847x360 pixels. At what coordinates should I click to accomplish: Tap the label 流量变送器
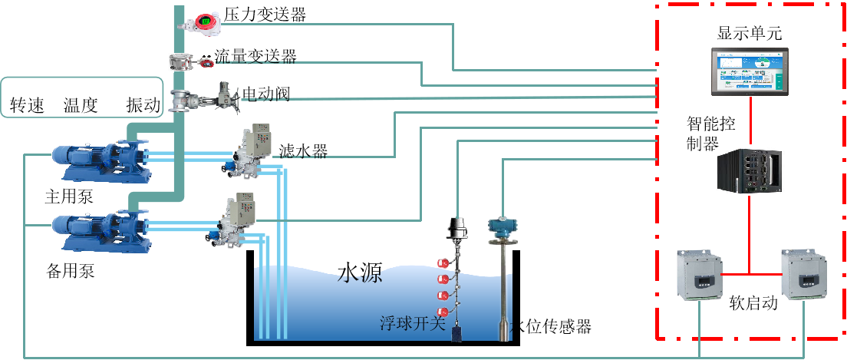[255, 56]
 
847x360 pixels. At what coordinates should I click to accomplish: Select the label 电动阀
[265, 94]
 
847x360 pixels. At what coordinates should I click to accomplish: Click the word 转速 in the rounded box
[27, 105]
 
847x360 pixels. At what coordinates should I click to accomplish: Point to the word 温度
[81, 105]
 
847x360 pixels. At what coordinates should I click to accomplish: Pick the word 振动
[143, 105]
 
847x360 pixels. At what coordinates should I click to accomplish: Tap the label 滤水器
[303, 150]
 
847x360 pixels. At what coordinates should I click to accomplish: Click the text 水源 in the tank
[360, 273]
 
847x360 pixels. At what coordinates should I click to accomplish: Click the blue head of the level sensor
[503, 226]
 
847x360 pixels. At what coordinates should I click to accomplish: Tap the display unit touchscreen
[749, 70]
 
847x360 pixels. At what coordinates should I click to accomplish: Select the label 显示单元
[750, 33]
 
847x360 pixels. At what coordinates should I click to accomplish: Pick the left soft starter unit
[699, 276]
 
